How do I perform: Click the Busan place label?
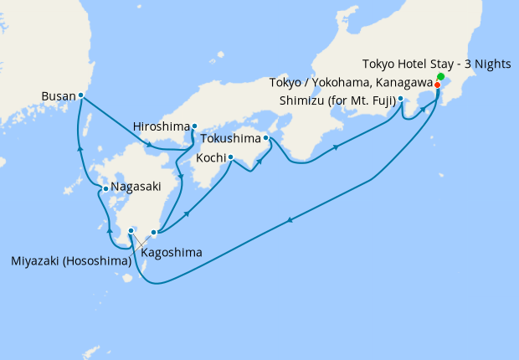(x=58, y=96)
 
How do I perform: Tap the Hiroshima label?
(x=161, y=127)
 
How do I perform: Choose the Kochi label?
(x=209, y=157)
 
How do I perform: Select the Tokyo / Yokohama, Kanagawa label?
(x=351, y=82)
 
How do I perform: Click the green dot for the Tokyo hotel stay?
(x=440, y=78)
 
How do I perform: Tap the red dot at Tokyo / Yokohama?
(x=437, y=85)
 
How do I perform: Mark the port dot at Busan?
(x=80, y=95)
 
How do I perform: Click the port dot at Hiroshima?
(x=194, y=127)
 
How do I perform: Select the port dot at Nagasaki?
(x=105, y=190)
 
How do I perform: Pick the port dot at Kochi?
(x=230, y=157)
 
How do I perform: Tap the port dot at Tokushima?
(x=265, y=137)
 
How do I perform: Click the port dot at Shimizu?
(x=401, y=100)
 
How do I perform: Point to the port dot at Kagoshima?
(x=153, y=233)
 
